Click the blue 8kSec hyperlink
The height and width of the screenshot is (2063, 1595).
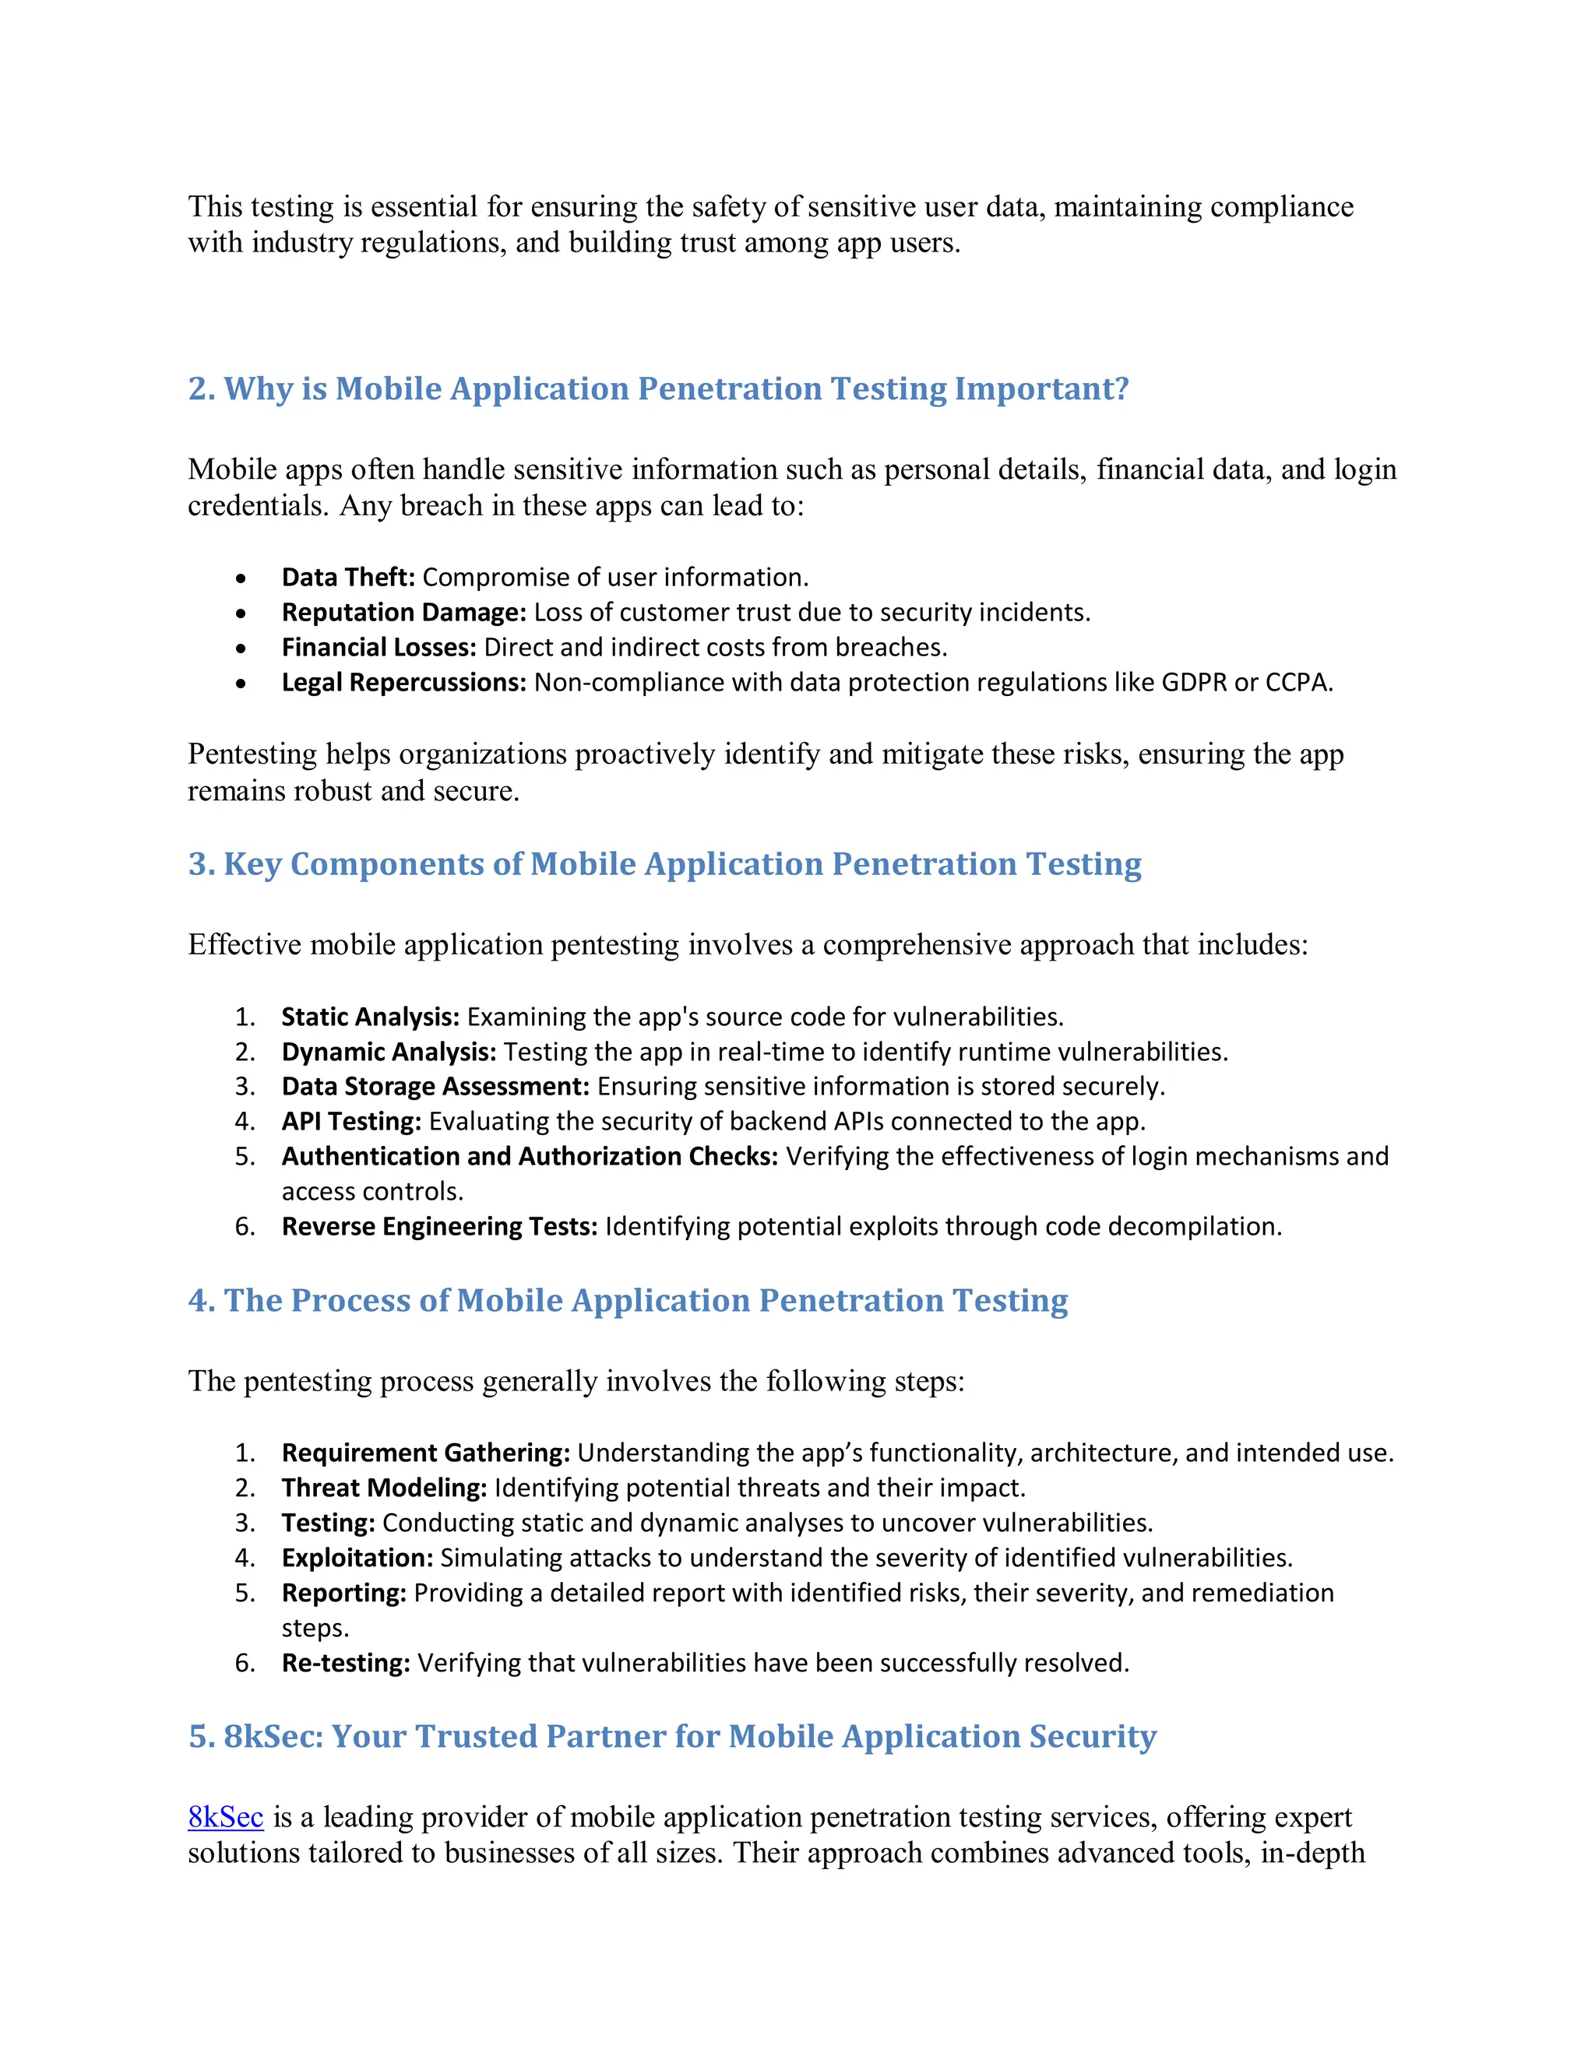coord(225,1816)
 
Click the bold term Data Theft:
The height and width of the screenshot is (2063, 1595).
coord(347,577)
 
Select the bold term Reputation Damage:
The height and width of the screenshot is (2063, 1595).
coord(403,612)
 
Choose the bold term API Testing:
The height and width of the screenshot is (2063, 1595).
coord(351,1121)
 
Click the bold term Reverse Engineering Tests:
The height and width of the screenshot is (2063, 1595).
coord(439,1226)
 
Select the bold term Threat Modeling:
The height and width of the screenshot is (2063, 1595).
coord(384,1488)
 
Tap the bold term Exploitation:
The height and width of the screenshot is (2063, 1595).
coord(357,1558)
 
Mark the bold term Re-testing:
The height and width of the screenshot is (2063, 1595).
coord(346,1663)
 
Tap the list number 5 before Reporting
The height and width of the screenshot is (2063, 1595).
coord(244,1593)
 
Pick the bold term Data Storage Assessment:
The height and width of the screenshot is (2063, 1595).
coord(435,1086)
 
